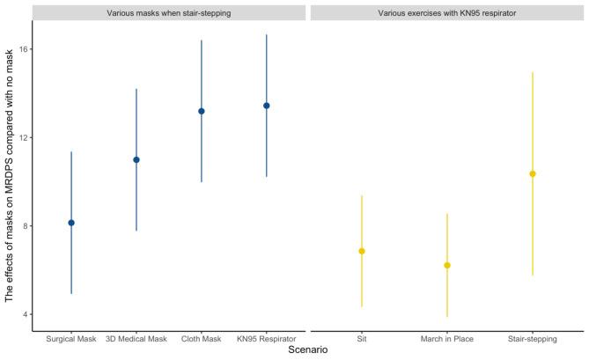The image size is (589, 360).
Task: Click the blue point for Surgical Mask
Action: tap(71, 223)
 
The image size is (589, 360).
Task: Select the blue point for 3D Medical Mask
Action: tap(136, 159)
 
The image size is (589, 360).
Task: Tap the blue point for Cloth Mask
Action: tap(202, 111)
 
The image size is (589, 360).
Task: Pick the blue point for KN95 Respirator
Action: tap(267, 106)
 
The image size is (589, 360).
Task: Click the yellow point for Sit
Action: tap(362, 251)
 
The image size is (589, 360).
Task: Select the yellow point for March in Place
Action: tap(447, 265)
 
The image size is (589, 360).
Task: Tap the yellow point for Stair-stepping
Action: tap(533, 173)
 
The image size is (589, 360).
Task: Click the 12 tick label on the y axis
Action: tap(23, 137)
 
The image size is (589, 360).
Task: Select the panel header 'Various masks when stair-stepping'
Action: tap(169, 13)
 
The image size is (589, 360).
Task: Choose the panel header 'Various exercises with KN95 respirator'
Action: tap(447, 13)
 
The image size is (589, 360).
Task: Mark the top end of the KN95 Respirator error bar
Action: tap(267, 34)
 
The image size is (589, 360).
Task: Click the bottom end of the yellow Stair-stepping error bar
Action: tap(533, 276)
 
